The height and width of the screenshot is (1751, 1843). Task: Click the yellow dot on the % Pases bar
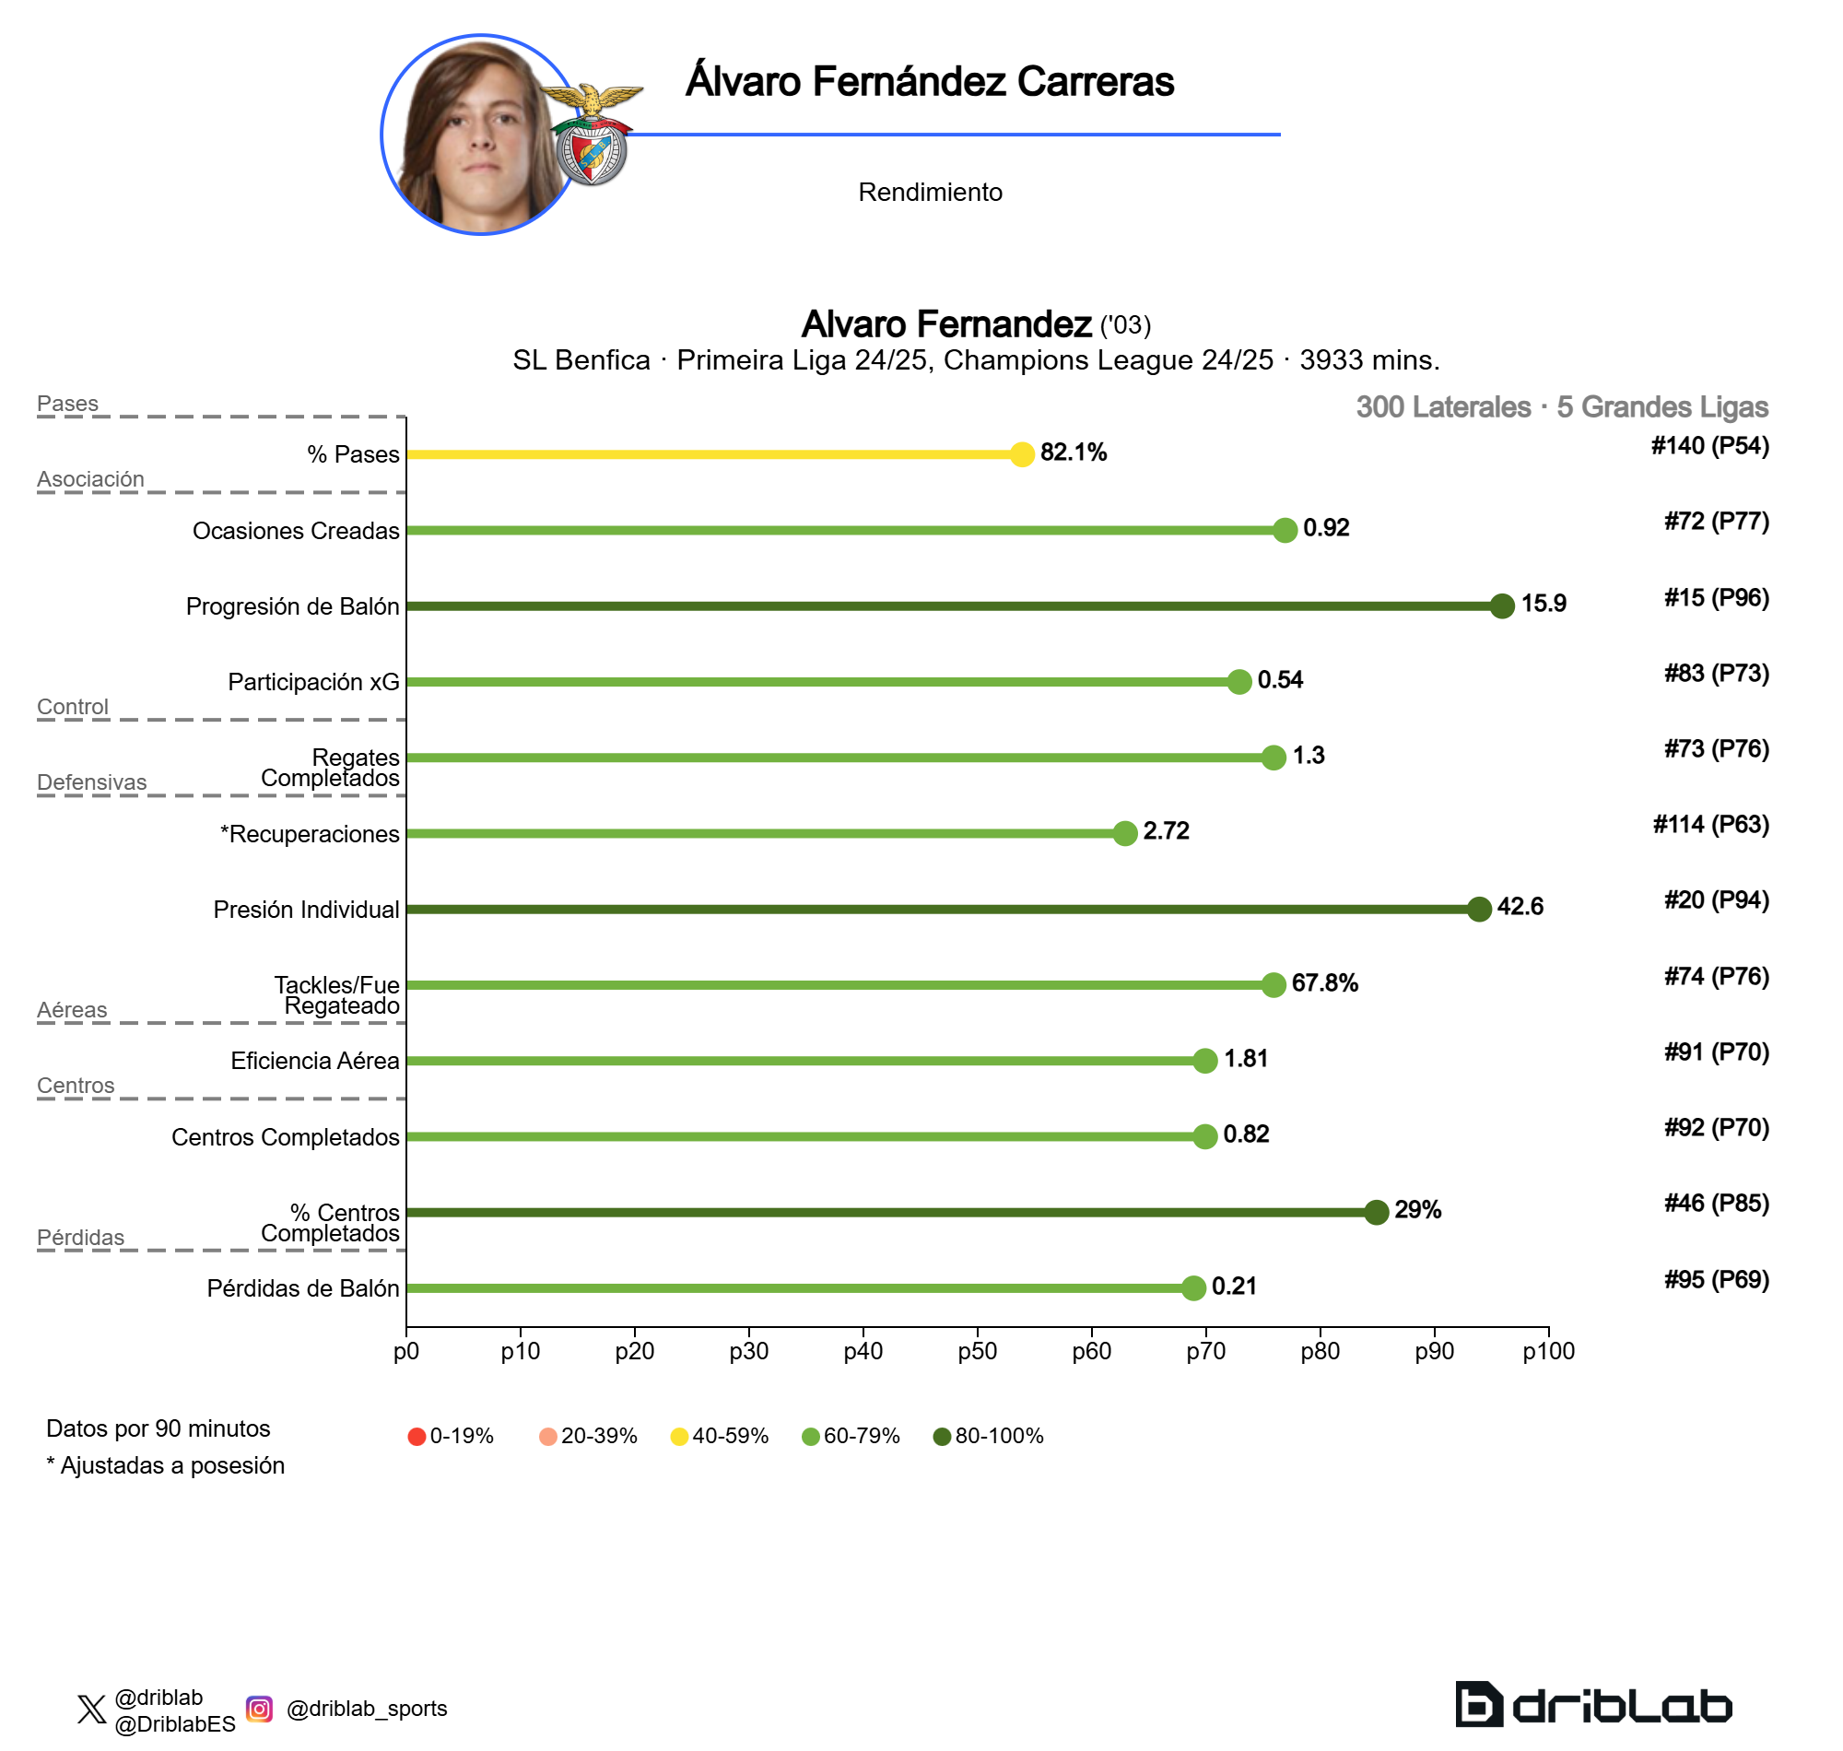click(x=1022, y=454)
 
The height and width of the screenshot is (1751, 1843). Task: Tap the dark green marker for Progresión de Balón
click(x=1501, y=605)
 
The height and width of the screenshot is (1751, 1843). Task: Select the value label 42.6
click(x=1520, y=906)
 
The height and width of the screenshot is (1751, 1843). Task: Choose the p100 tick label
click(x=1548, y=1351)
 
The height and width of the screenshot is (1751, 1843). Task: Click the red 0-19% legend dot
click(x=417, y=1437)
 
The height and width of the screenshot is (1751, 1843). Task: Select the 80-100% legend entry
click(x=988, y=1437)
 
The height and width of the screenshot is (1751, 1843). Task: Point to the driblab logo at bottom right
click(x=1593, y=1704)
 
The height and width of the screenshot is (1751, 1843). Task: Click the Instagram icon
click(x=260, y=1709)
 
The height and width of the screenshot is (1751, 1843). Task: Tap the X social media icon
click(x=91, y=1710)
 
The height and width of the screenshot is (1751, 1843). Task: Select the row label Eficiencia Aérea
click(x=314, y=1062)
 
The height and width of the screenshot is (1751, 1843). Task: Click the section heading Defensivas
click(x=91, y=782)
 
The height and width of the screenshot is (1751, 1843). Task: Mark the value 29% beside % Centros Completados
click(x=1416, y=1211)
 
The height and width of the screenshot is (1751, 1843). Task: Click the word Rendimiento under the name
click(x=930, y=193)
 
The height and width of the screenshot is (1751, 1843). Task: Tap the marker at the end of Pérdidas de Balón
click(x=1192, y=1288)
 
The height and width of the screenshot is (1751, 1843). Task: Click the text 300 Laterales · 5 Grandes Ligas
click(x=1561, y=407)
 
